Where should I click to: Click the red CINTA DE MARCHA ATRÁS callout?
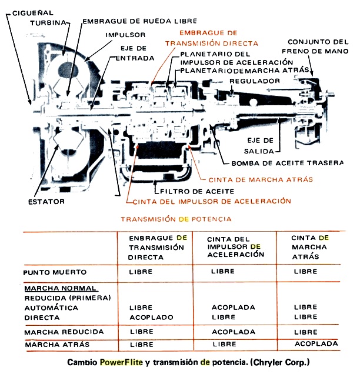262,179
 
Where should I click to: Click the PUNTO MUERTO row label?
55,272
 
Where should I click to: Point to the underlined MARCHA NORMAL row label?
56,290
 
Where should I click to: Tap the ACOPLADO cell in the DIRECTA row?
151,317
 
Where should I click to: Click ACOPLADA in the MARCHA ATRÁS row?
316,343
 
